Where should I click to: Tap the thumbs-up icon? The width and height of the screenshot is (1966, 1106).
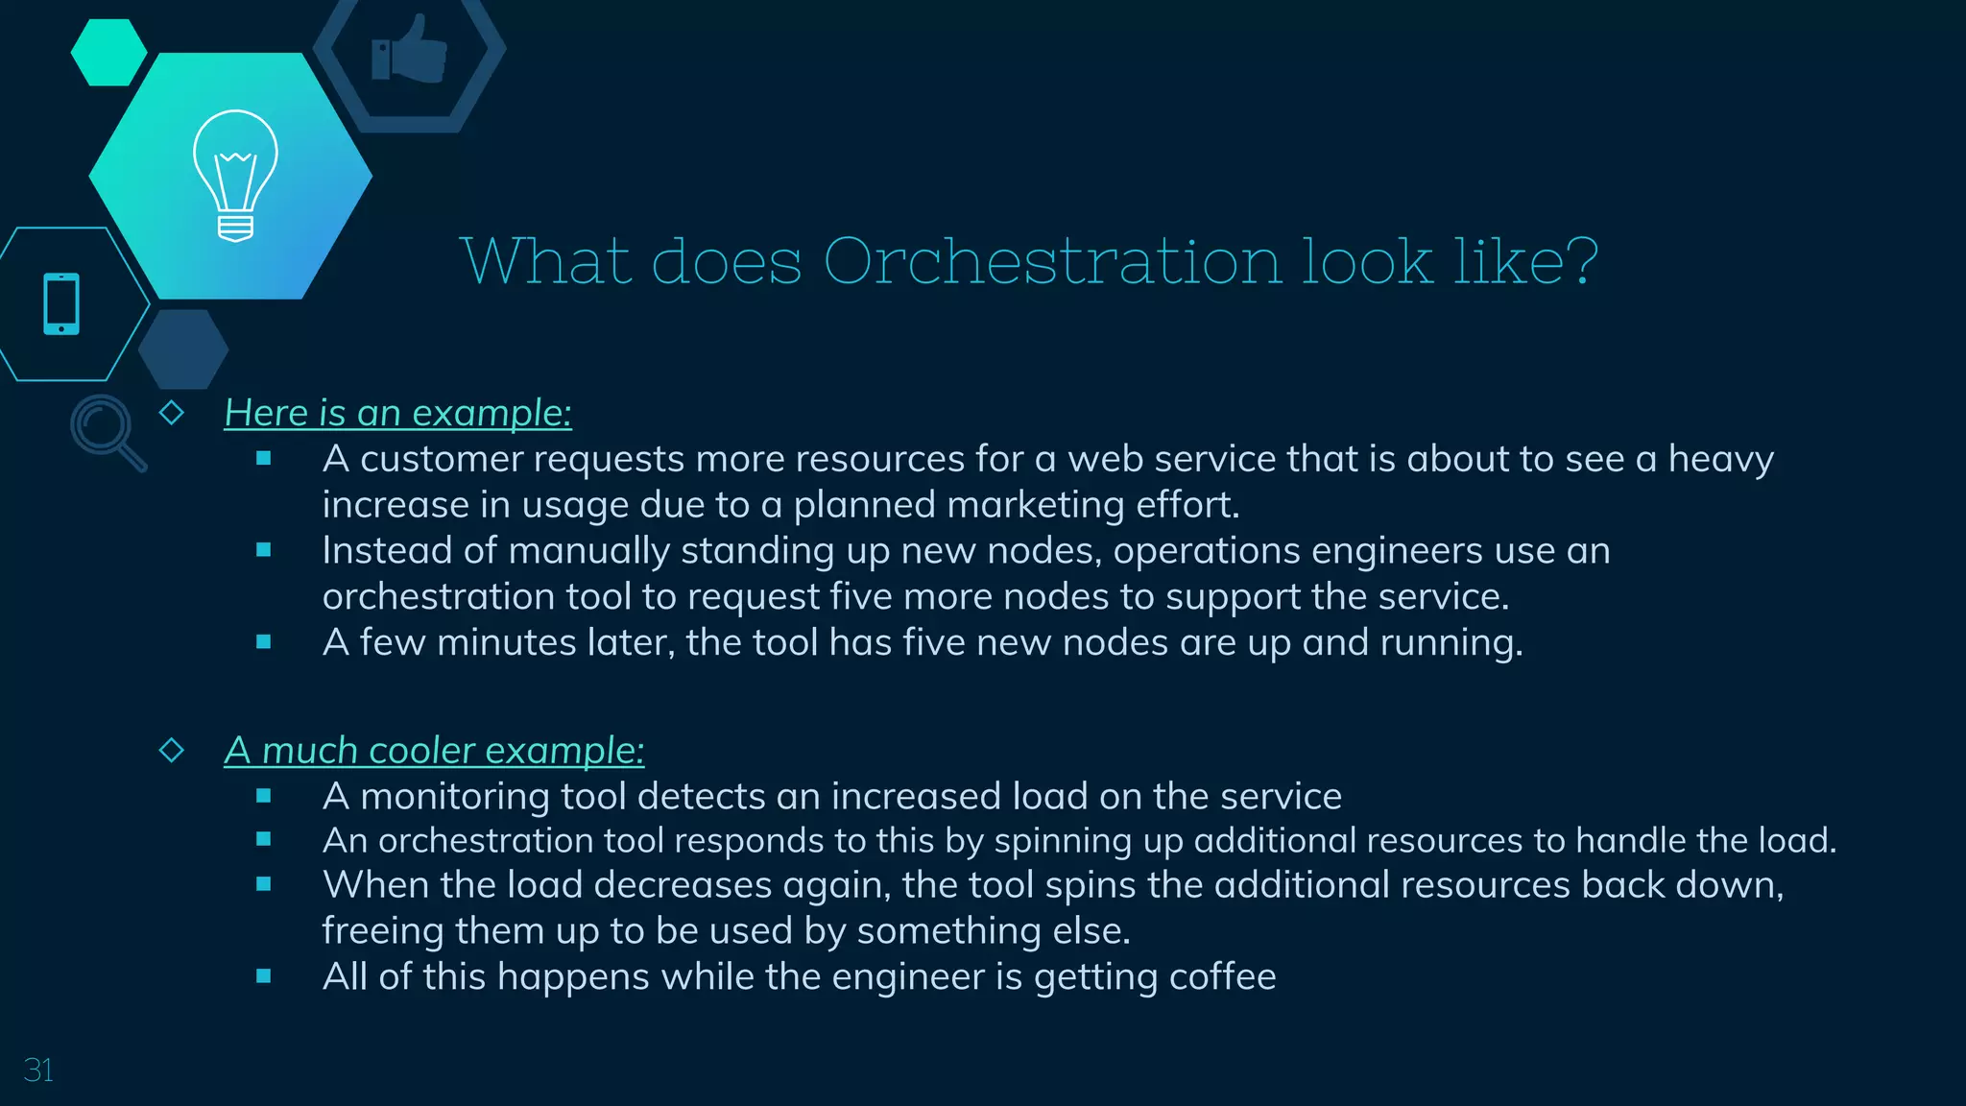pos(410,50)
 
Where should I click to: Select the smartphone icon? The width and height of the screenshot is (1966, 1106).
pos(61,304)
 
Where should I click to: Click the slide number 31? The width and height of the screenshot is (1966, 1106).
pos(38,1070)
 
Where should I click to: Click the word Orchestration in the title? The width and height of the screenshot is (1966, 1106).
pos(1052,261)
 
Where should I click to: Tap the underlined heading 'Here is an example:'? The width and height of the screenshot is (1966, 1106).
pos(397,413)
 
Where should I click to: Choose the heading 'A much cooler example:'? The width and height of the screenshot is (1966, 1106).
pos(434,751)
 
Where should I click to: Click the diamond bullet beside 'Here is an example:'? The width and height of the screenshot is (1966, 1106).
pos(172,413)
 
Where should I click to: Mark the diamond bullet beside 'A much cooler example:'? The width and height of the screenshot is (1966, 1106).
pos(172,750)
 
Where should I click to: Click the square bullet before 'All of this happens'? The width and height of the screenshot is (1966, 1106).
pos(264,976)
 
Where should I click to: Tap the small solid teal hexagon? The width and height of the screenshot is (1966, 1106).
pos(108,52)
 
